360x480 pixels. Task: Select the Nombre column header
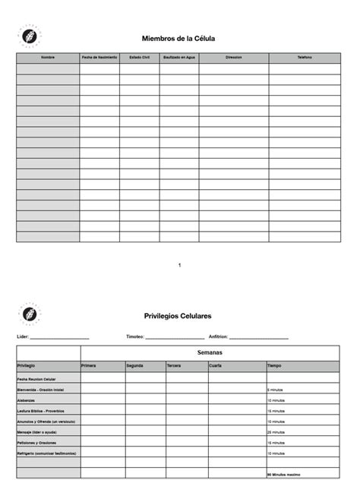pyautogui.click(x=48, y=58)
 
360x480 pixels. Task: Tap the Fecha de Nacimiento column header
pyautogui.click(x=99, y=58)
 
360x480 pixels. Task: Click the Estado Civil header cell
pyautogui.click(x=140, y=58)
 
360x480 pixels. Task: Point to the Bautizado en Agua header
pyautogui.click(x=179, y=58)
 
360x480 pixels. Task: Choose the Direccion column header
pyautogui.click(x=233, y=58)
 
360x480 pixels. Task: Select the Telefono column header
pyautogui.click(x=304, y=58)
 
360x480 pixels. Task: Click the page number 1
pyautogui.click(x=179, y=265)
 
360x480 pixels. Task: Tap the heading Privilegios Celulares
pyautogui.click(x=178, y=315)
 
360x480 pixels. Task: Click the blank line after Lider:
pyautogui.click(x=60, y=336)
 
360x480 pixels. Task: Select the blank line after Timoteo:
pyautogui.click(x=175, y=336)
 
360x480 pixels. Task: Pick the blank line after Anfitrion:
pyautogui.click(x=259, y=336)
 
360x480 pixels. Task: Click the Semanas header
pyautogui.click(x=210, y=353)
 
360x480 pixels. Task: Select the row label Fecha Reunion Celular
pyautogui.click(x=37, y=378)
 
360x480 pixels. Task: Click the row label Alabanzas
pyautogui.click(x=27, y=399)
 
